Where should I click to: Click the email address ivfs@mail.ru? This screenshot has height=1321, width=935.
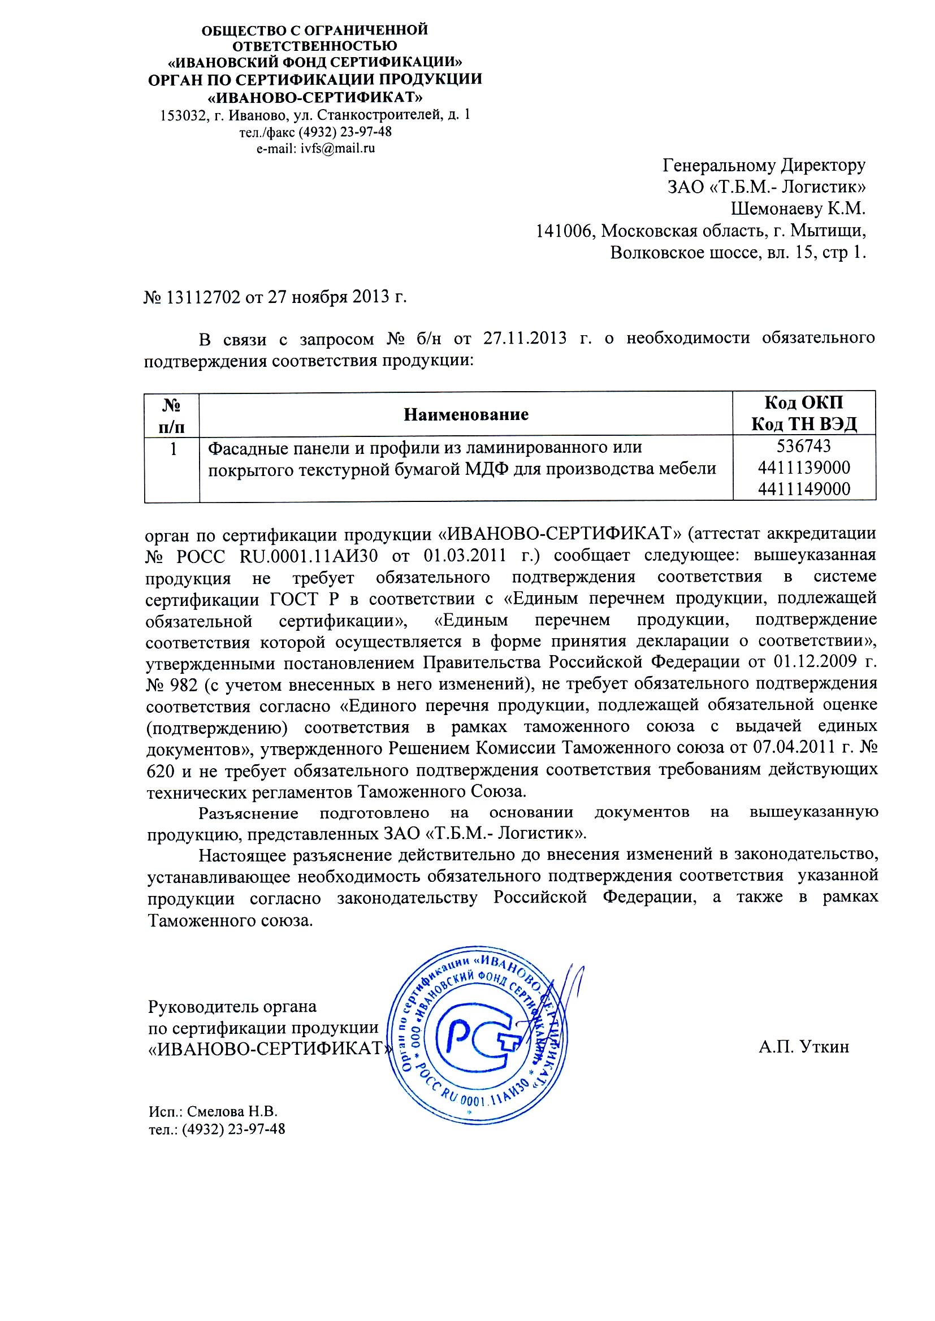coord(338,149)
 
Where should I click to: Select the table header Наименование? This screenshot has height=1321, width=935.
coord(466,414)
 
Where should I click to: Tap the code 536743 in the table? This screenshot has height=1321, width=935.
coord(804,446)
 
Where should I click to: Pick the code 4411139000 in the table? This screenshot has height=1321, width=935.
coord(804,467)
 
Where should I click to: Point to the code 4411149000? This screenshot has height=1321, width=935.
coord(804,490)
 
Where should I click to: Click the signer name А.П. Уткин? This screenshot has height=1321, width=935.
coord(804,1046)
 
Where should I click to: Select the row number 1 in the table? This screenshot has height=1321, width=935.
coord(172,448)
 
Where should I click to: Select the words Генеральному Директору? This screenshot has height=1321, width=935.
coord(764,165)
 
